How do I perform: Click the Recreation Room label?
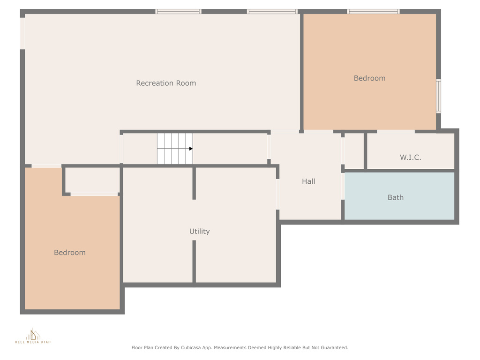point(166,83)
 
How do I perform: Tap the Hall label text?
point(308,181)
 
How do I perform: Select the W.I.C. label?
point(410,157)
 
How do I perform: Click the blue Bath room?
point(399,196)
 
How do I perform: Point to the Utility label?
point(199,232)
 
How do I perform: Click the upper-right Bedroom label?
point(369,78)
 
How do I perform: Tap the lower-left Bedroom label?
point(70,253)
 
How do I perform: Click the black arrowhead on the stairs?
point(191,149)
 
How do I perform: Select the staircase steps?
point(175,149)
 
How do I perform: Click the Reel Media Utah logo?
point(33,336)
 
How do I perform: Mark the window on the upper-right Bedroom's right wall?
point(438,96)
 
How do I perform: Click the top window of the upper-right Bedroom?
point(373,12)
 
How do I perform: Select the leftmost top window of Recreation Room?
point(178,12)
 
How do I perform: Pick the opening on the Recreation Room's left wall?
point(22,33)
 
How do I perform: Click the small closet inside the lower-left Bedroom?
point(92,180)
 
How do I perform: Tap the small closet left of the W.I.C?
point(354,150)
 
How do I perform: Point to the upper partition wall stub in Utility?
point(194,183)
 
